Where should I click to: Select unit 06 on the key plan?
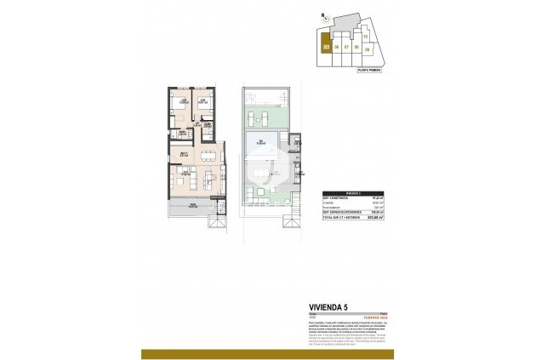tap(338, 47)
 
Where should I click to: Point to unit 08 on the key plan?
tap(356, 47)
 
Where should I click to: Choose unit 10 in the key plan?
tap(365, 37)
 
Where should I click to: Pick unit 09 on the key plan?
tap(367, 49)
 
